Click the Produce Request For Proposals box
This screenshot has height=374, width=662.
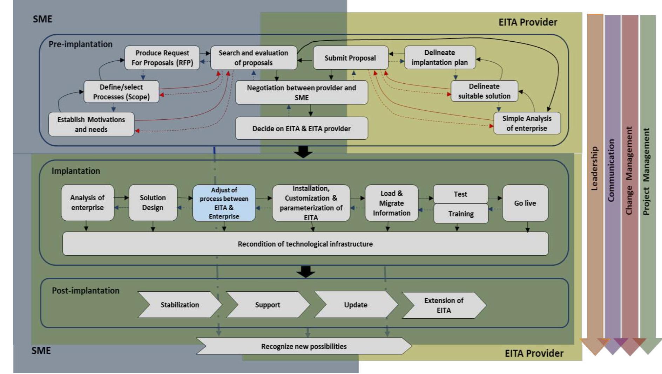tap(162, 58)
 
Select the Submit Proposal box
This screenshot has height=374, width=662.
tap(350, 58)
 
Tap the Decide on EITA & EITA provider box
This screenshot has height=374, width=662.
tap(302, 129)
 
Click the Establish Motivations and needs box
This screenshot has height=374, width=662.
tap(91, 124)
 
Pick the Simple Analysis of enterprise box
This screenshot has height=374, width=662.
tap(527, 123)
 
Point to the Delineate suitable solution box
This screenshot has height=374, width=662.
tap(484, 91)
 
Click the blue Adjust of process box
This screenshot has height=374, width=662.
tap(224, 203)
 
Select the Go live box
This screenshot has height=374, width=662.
tap(525, 203)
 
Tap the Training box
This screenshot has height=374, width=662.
tap(461, 214)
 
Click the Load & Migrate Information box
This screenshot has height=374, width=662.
tap(391, 203)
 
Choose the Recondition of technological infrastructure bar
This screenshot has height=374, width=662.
tap(305, 244)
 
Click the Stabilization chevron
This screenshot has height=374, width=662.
tap(180, 305)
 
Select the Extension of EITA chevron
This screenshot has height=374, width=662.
tap(444, 305)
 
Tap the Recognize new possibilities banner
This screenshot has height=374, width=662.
tap(304, 346)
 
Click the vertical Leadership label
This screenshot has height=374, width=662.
tap(594, 168)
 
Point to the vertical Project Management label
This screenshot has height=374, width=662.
tap(646, 172)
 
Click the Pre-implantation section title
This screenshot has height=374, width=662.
tap(80, 44)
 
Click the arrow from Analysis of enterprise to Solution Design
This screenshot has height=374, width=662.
tap(121, 198)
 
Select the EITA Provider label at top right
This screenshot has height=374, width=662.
tap(527, 22)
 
